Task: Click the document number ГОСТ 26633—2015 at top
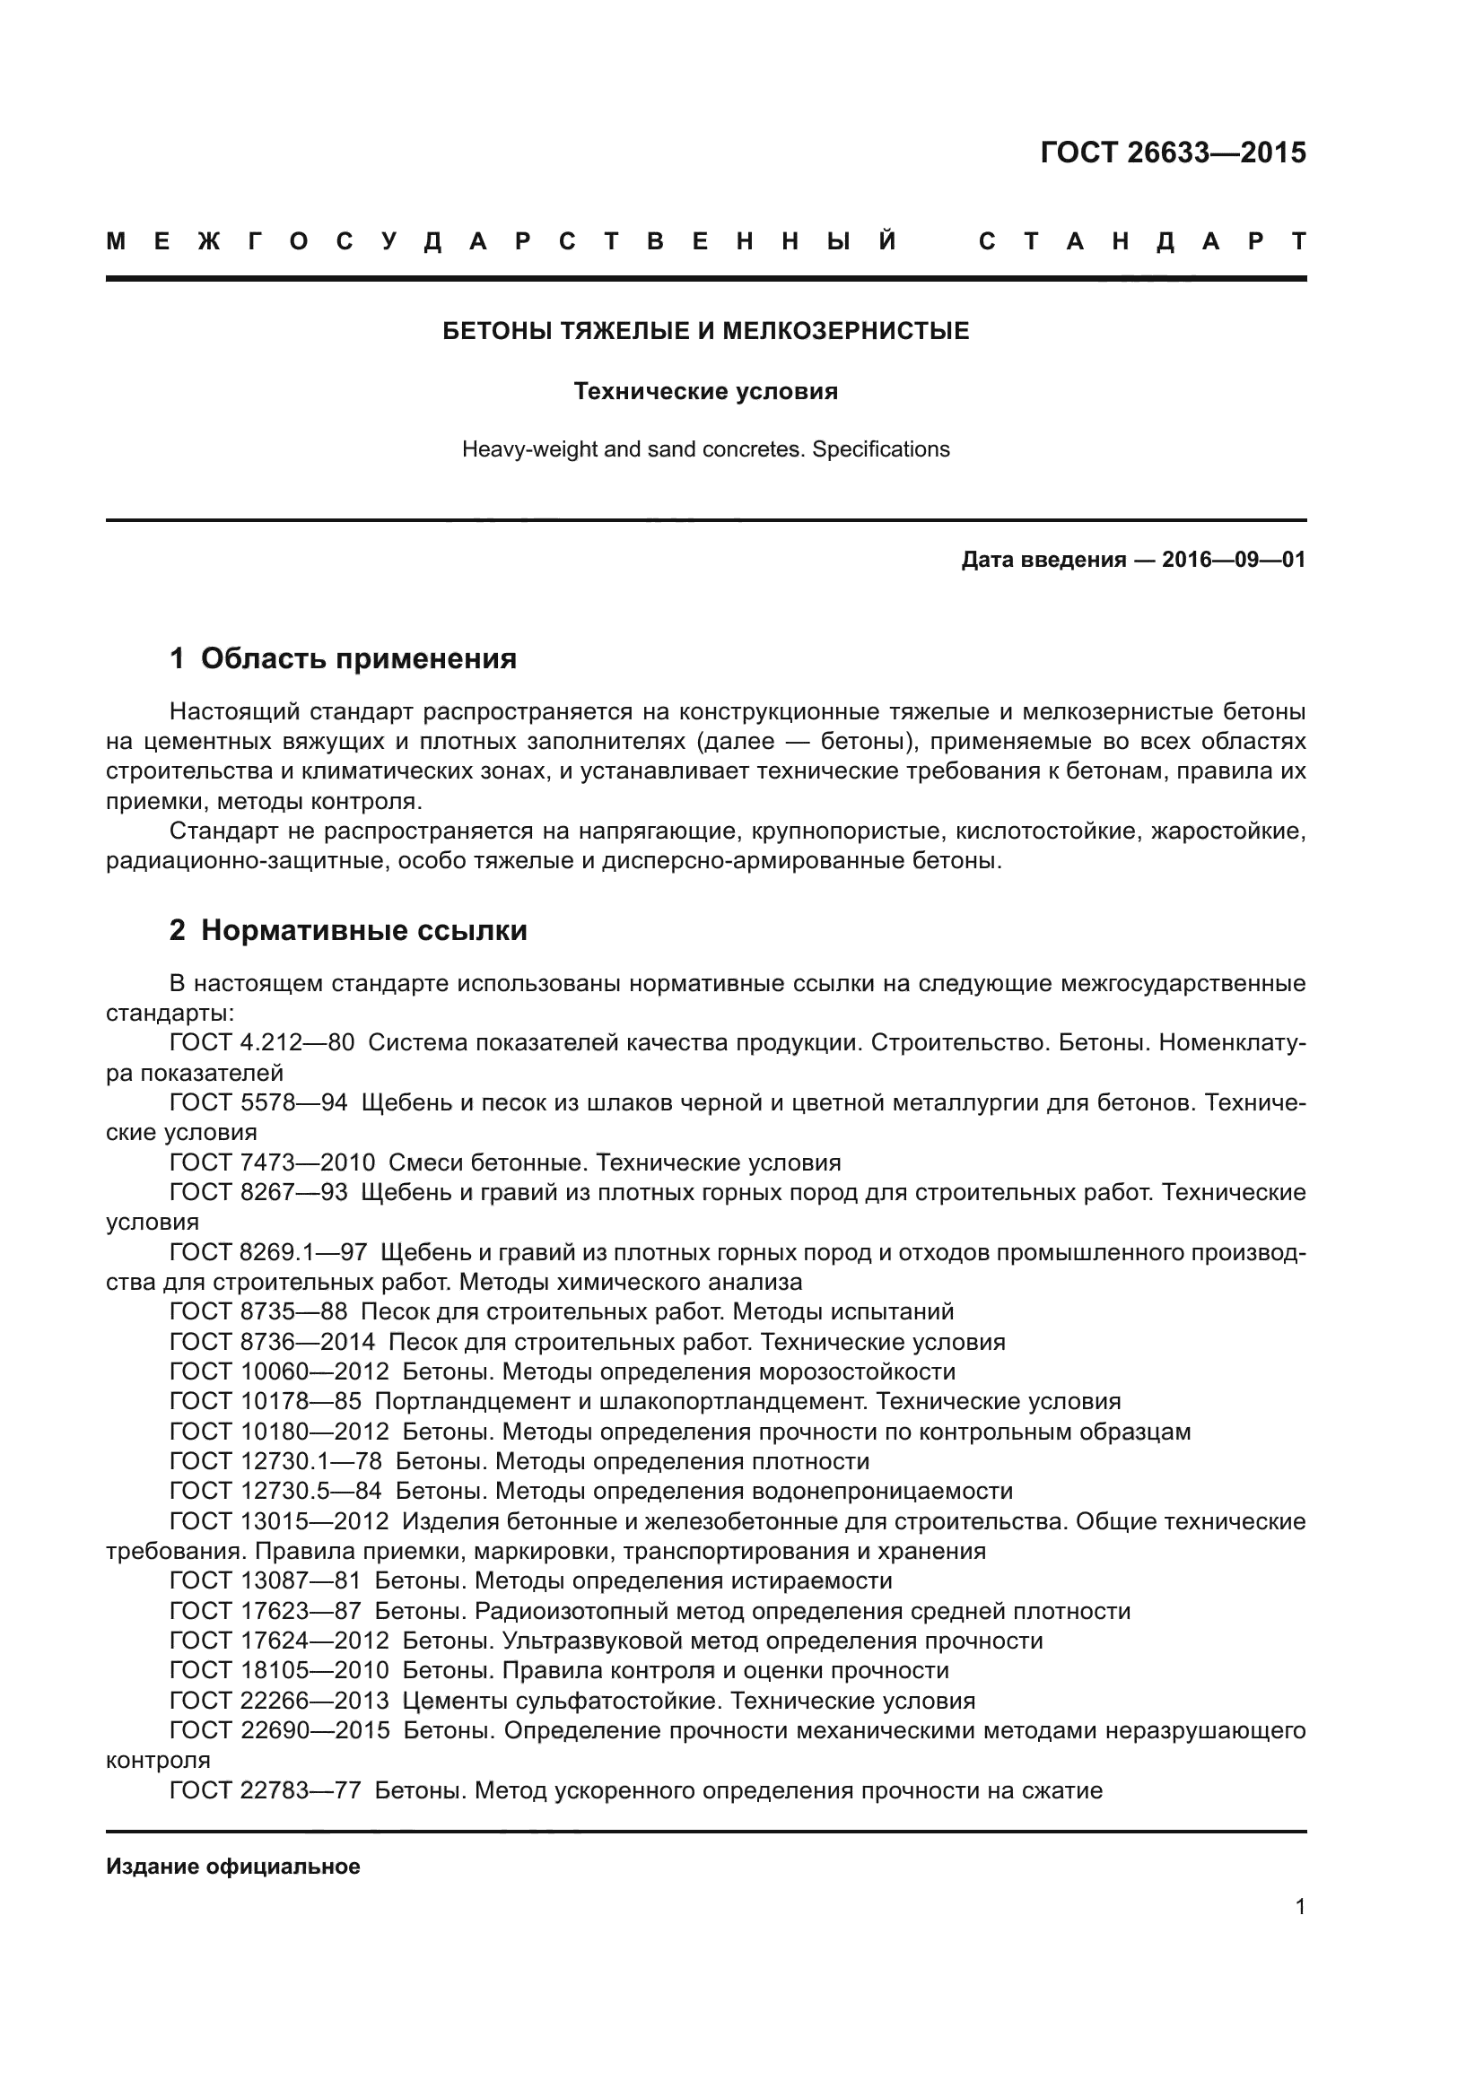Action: coord(1173,152)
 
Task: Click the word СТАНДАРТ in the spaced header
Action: coord(1141,242)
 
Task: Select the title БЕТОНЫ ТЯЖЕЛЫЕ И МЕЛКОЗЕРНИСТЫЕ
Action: coord(705,331)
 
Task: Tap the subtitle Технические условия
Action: coord(705,392)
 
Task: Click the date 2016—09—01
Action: coord(1234,559)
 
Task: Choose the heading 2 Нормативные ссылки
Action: coord(348,930)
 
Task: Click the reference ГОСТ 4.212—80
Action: coord(261,1042)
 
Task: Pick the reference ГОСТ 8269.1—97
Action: coord(267,1252)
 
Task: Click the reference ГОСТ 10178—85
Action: coord(265,1401)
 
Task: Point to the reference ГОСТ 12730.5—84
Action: coord(275,1491)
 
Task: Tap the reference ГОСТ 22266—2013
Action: coord(279,1700)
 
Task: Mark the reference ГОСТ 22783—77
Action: coord(265,1790)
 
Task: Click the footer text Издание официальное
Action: coord(233,1866)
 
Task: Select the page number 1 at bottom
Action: coord(1300,1906)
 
